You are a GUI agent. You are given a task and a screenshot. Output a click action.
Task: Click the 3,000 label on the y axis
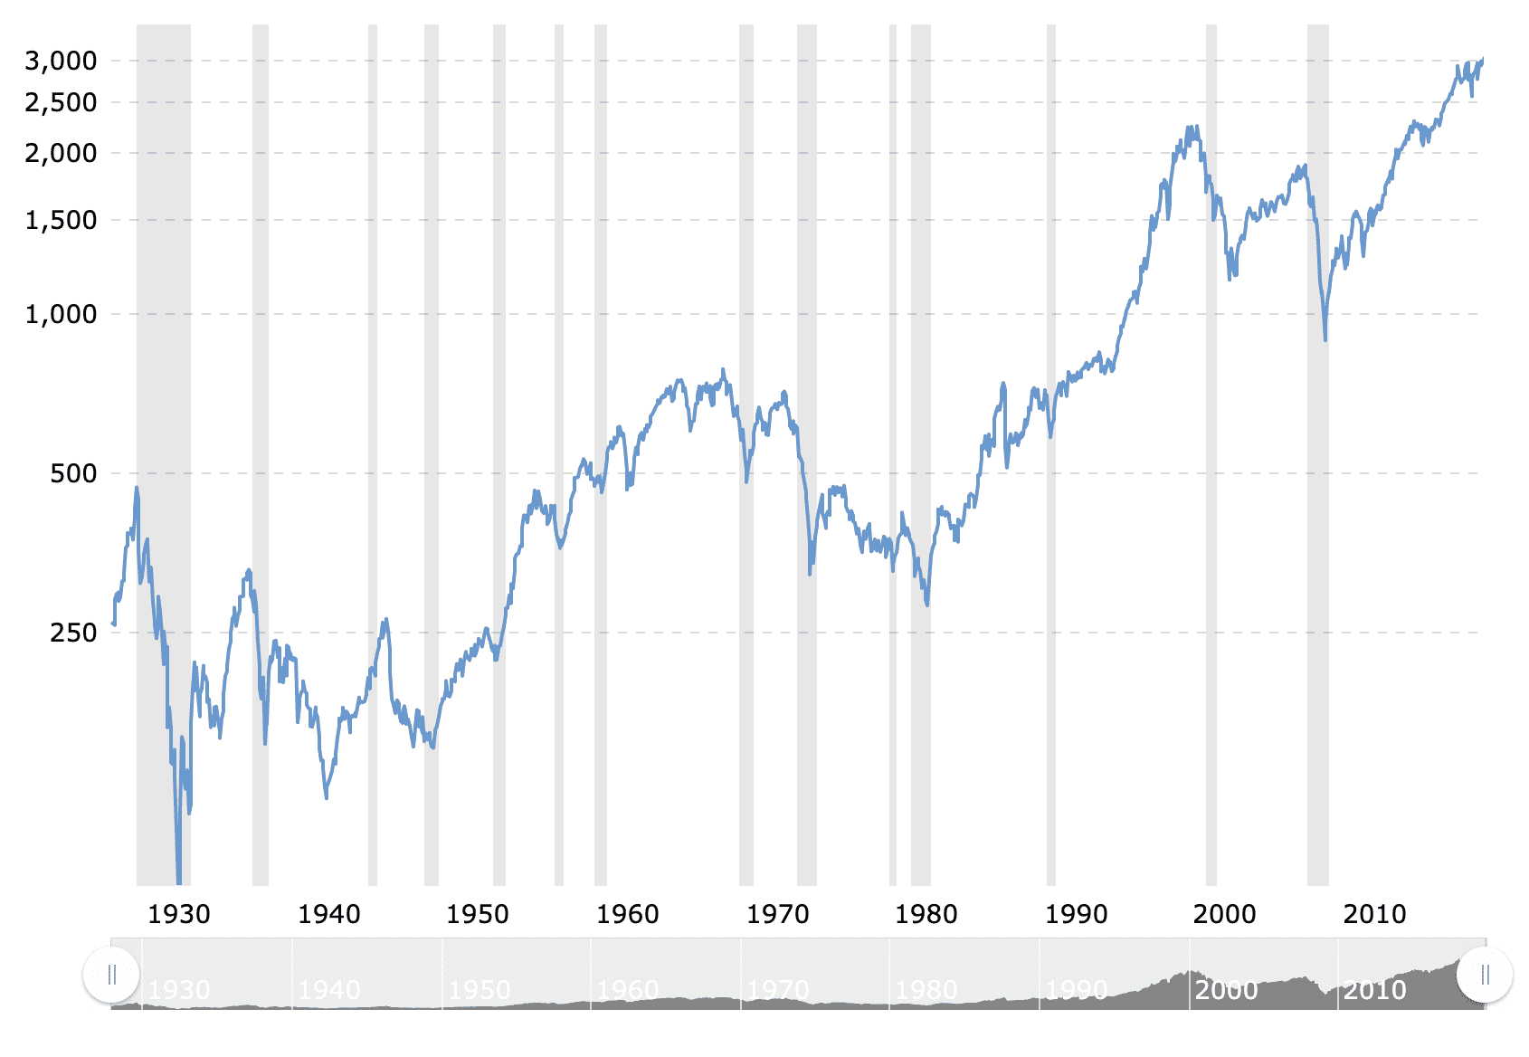point(61,61)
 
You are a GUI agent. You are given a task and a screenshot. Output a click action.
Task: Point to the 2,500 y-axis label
point(61,102)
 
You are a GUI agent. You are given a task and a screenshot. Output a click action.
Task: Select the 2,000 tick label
point(61,153)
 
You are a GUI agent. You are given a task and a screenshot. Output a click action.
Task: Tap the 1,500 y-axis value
point(61,220)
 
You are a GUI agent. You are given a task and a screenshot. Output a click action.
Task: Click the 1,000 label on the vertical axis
point(61,314)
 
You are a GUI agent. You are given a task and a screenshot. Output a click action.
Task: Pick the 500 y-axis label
point(73,473)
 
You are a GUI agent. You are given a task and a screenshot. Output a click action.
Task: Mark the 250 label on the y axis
point(73,633)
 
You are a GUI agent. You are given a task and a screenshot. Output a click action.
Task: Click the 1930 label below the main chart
point(179,914)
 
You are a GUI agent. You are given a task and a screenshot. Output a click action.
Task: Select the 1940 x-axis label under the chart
point(329,914)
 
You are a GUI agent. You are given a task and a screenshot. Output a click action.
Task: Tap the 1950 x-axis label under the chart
point(478,914)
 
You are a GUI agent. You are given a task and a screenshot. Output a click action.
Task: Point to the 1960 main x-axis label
point(628,914)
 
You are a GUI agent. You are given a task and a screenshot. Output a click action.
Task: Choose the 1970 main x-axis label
point(778,914)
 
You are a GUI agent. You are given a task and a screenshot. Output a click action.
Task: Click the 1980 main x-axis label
point(926,914)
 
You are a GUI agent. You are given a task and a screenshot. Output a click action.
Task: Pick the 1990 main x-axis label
point(1077,914)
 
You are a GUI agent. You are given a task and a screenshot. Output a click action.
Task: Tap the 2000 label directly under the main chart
point(1225,914)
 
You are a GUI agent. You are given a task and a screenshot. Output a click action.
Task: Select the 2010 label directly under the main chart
point(1375,914)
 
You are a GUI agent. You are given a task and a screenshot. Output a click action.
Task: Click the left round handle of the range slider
point(111,975)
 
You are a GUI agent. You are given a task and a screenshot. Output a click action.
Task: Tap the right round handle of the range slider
point(1485,975)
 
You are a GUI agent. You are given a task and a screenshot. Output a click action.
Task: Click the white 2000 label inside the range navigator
point(1226,990)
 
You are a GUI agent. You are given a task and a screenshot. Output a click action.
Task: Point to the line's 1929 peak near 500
point(137,489)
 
